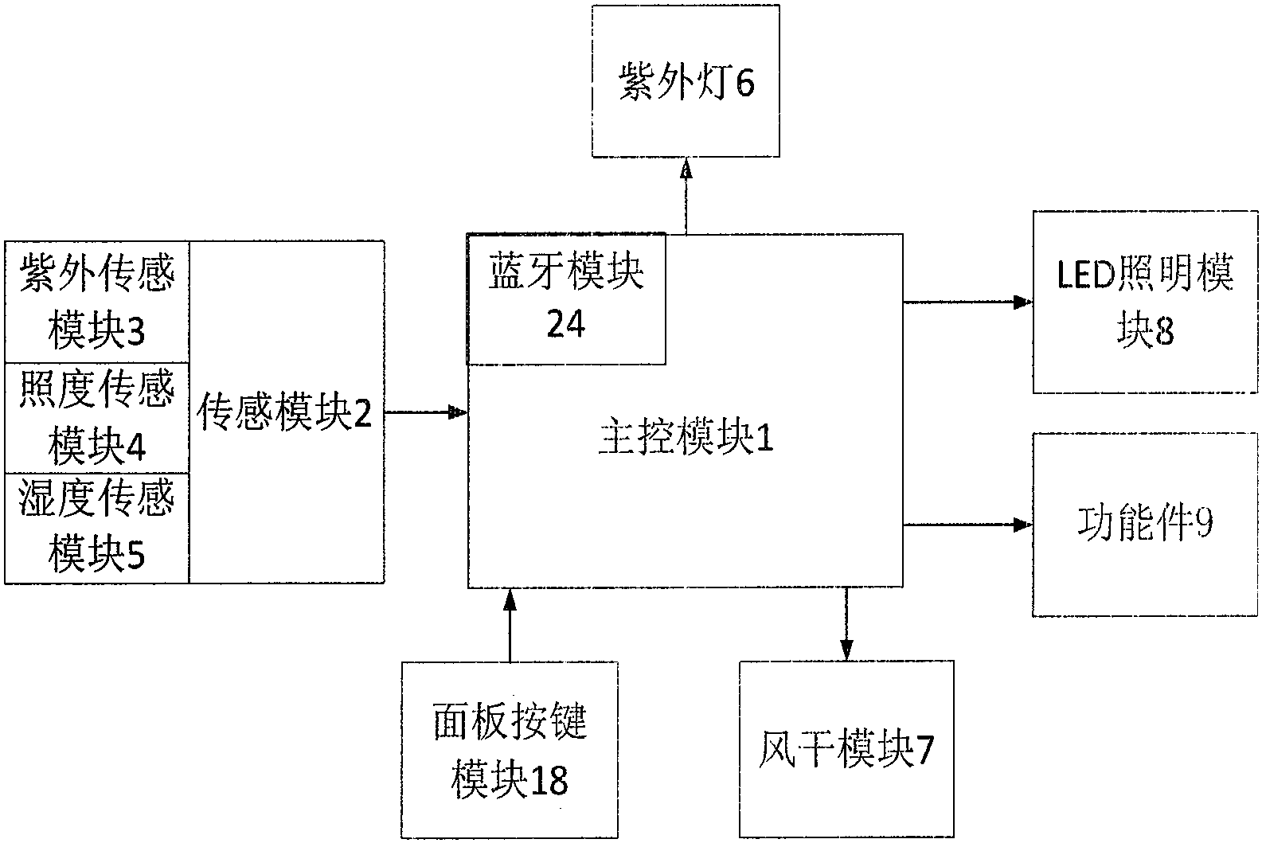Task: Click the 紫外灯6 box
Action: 685,81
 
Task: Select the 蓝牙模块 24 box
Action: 565,299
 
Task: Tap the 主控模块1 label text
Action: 686,439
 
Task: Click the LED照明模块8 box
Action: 1145,302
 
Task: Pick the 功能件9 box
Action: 1145,524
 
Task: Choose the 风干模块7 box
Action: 846,749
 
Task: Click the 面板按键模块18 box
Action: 510,749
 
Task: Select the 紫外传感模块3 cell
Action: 97,302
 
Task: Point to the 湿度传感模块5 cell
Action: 97,528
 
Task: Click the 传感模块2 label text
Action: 285,413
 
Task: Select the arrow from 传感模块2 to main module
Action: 425,412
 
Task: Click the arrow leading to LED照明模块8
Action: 967,302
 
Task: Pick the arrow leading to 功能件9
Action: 967,525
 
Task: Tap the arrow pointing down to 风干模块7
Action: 846,625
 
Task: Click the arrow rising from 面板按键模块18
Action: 510,625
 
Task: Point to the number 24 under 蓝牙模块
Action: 565,325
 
